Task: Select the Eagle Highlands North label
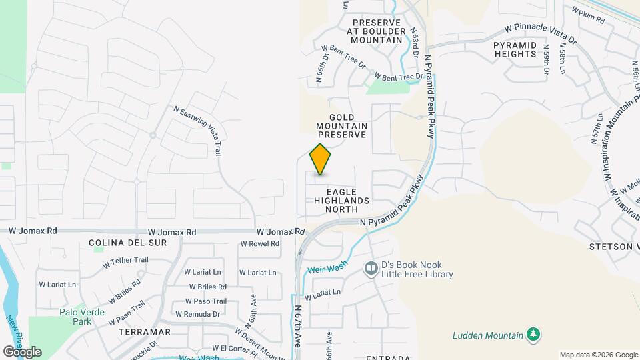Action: (347, 200)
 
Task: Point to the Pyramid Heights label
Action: (515, 49)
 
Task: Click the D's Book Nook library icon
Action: (371, 269)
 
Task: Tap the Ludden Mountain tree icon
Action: (532, 334)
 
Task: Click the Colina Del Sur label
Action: (127, 243)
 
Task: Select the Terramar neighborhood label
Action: (144, 331)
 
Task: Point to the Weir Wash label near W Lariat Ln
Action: (327, 269)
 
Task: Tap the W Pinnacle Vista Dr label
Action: (539, 34)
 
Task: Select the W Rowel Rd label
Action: (259, 244)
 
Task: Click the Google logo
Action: (22, 351)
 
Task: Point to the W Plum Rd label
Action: (587, 15)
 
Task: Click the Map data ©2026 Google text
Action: (598, 355)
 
